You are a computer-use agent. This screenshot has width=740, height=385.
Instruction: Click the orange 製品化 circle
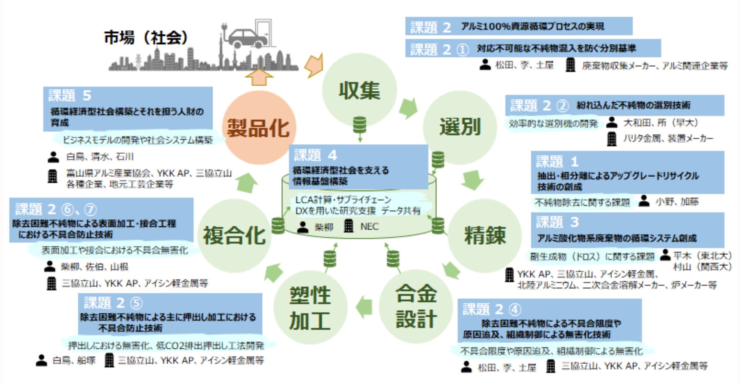click(259, 128)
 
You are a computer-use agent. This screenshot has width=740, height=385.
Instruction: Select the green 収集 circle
click(359, 90)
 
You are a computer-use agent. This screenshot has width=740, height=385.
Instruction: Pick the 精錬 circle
click(485, 235)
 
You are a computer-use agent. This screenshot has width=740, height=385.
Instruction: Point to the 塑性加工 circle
click(310, 308)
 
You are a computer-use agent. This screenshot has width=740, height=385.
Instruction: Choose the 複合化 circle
click(234, 236)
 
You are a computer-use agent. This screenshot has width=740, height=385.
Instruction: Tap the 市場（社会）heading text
click(146, 37)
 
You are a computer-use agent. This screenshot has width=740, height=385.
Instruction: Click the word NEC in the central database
click(369, 226)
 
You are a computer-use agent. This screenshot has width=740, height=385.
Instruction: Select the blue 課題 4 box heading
click(316, 155)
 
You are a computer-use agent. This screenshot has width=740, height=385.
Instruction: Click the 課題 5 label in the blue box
click(70, 95)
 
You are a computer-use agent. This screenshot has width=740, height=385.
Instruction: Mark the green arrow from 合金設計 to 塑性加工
click(364, 307)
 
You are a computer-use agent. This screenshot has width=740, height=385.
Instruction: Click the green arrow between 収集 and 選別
click(408, 108)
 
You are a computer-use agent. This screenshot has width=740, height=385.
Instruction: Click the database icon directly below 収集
click(359, 125)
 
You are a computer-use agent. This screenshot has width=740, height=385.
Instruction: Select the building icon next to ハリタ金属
click(612, 138)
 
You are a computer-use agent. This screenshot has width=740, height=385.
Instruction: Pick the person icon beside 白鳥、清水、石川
click(53, 157)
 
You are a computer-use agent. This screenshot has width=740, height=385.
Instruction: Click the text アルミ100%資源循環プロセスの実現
click(532, 26)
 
